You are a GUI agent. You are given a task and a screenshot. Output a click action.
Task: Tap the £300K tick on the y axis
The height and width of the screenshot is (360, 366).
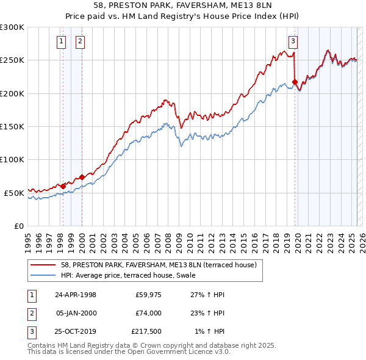pos(12,27)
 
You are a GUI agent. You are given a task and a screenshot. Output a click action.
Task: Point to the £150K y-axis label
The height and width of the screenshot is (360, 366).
pos(12,126)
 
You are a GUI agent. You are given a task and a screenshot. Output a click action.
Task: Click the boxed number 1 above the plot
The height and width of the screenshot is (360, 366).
pos(62,41)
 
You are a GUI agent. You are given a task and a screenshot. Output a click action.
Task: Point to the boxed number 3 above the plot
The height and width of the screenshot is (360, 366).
pos(293,41)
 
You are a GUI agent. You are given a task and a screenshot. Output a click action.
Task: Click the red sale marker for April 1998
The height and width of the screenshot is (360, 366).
pos(63,186)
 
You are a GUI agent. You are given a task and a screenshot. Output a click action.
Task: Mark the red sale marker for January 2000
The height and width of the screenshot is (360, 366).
pos(82,177)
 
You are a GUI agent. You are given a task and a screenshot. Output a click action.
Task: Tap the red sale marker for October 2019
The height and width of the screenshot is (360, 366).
pos(295,82)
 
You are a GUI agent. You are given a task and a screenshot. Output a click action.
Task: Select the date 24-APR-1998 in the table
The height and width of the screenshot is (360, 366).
pos(76,295)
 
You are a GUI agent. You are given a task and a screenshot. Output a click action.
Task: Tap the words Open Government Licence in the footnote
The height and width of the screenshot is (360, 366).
pos(181,352)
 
